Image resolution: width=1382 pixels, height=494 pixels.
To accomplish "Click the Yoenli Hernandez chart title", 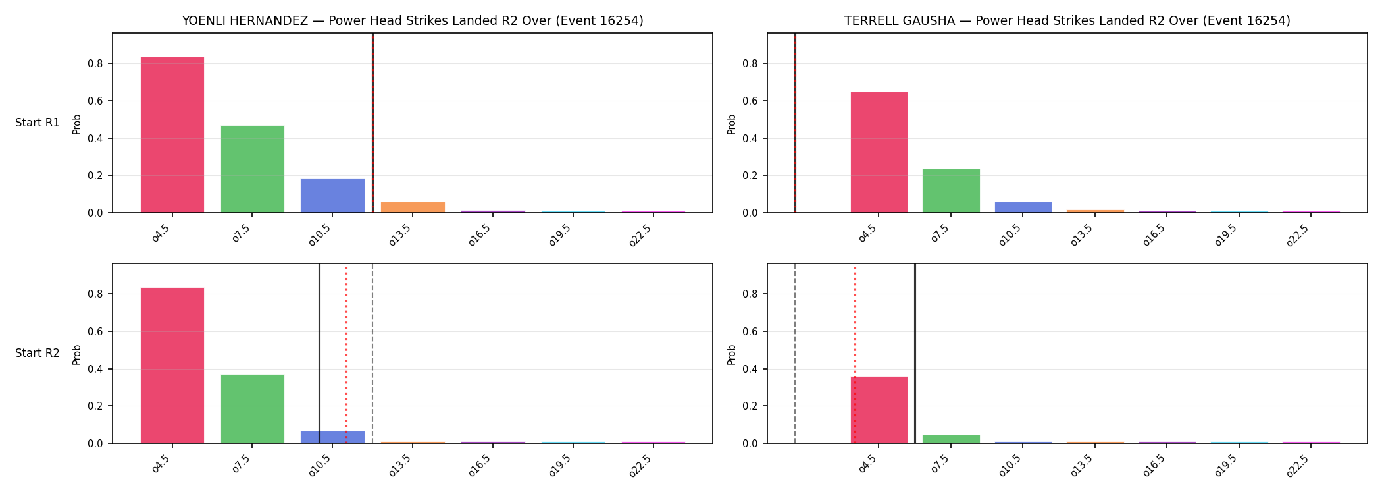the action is click(x=413, y=20).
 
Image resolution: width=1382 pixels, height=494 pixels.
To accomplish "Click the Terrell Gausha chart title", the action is click(x=1067, y=20).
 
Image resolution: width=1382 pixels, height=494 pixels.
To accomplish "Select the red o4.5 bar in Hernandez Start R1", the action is click(x=172, y=135).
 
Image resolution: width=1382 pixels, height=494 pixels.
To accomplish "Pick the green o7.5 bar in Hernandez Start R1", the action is click(x=253, y=169).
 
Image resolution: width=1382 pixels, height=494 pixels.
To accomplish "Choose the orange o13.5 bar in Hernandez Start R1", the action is click(x=413, y=207).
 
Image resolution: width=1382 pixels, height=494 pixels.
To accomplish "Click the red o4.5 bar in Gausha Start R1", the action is click(x=879, y=152).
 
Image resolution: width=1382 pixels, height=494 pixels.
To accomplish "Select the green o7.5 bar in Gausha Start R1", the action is click(x=951, y=191).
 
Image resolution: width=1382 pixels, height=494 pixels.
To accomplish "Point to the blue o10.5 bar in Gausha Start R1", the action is click(x=1023, y=207).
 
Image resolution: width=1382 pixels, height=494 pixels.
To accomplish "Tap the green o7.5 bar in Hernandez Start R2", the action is click(x=253, y=409).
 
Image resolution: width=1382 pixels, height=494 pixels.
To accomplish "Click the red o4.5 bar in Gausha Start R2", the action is click(x=879, y=410).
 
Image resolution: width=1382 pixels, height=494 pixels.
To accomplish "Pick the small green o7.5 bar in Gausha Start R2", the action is click(x=951, y=439).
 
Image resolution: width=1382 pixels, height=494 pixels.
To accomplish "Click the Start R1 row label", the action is click(x=38, y=123).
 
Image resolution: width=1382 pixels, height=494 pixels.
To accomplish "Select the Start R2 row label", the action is click(x=38, y=353).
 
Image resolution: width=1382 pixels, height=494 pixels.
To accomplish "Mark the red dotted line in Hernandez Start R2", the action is click(x=346, y=354).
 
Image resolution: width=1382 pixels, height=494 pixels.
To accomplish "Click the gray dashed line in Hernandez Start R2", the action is click(x=372, y=354).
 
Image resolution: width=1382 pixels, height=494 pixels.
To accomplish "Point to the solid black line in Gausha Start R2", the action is click(x=915, y=354).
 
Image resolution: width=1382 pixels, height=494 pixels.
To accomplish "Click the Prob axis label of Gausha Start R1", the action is click(x=732, y=124).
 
